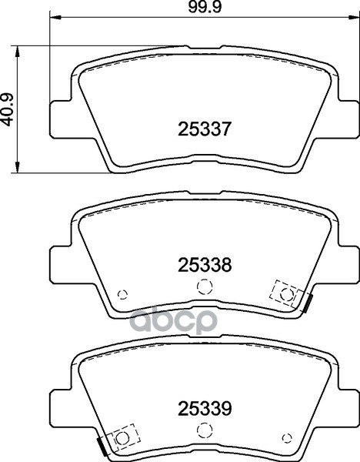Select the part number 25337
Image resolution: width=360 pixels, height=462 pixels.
pyautogui.click(x=205, y=129)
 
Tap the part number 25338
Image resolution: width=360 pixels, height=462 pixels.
pyautogui.click(x=205, y=265)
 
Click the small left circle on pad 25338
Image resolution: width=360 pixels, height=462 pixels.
pyautogui.click(x=122, y=294)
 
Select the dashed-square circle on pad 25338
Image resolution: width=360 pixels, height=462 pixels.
pyautogui.click(x=286, y=293)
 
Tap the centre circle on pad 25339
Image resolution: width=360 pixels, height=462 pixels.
pyautogui.click(x=204, y=430)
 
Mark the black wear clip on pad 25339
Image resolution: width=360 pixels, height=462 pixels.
pyautogui.click(x=100, y=447)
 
